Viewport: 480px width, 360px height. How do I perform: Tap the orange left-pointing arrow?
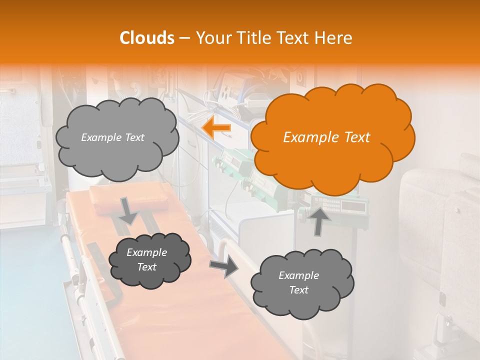[x=216, y=128]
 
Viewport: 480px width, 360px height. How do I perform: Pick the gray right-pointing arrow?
[x=224, y=267]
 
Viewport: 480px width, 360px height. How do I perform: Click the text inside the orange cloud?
[x=326, y=137]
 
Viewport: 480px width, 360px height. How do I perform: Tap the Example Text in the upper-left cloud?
[x=112, y=137]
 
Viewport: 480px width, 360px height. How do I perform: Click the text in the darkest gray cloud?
[x=146, y=259]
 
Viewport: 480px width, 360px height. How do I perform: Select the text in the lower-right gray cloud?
[x=298, y=282]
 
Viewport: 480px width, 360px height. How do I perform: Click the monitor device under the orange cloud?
[x=340, y=205]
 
